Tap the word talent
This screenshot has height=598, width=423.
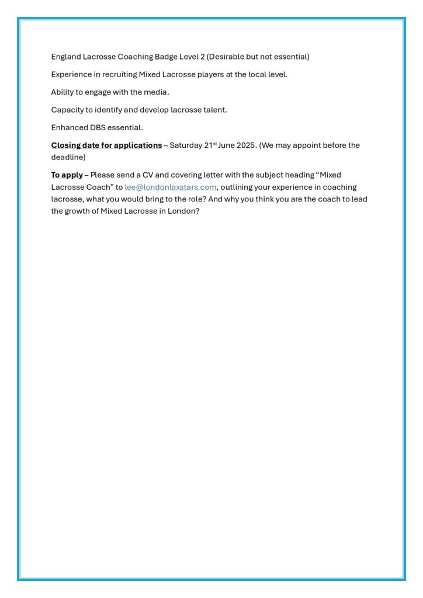(214, 110)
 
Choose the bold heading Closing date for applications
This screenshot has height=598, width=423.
(106, 145)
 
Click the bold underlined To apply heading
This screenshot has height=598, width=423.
(67, 175)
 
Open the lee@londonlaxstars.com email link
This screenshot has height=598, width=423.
(170, 187)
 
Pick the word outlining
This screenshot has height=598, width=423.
(238, 187)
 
